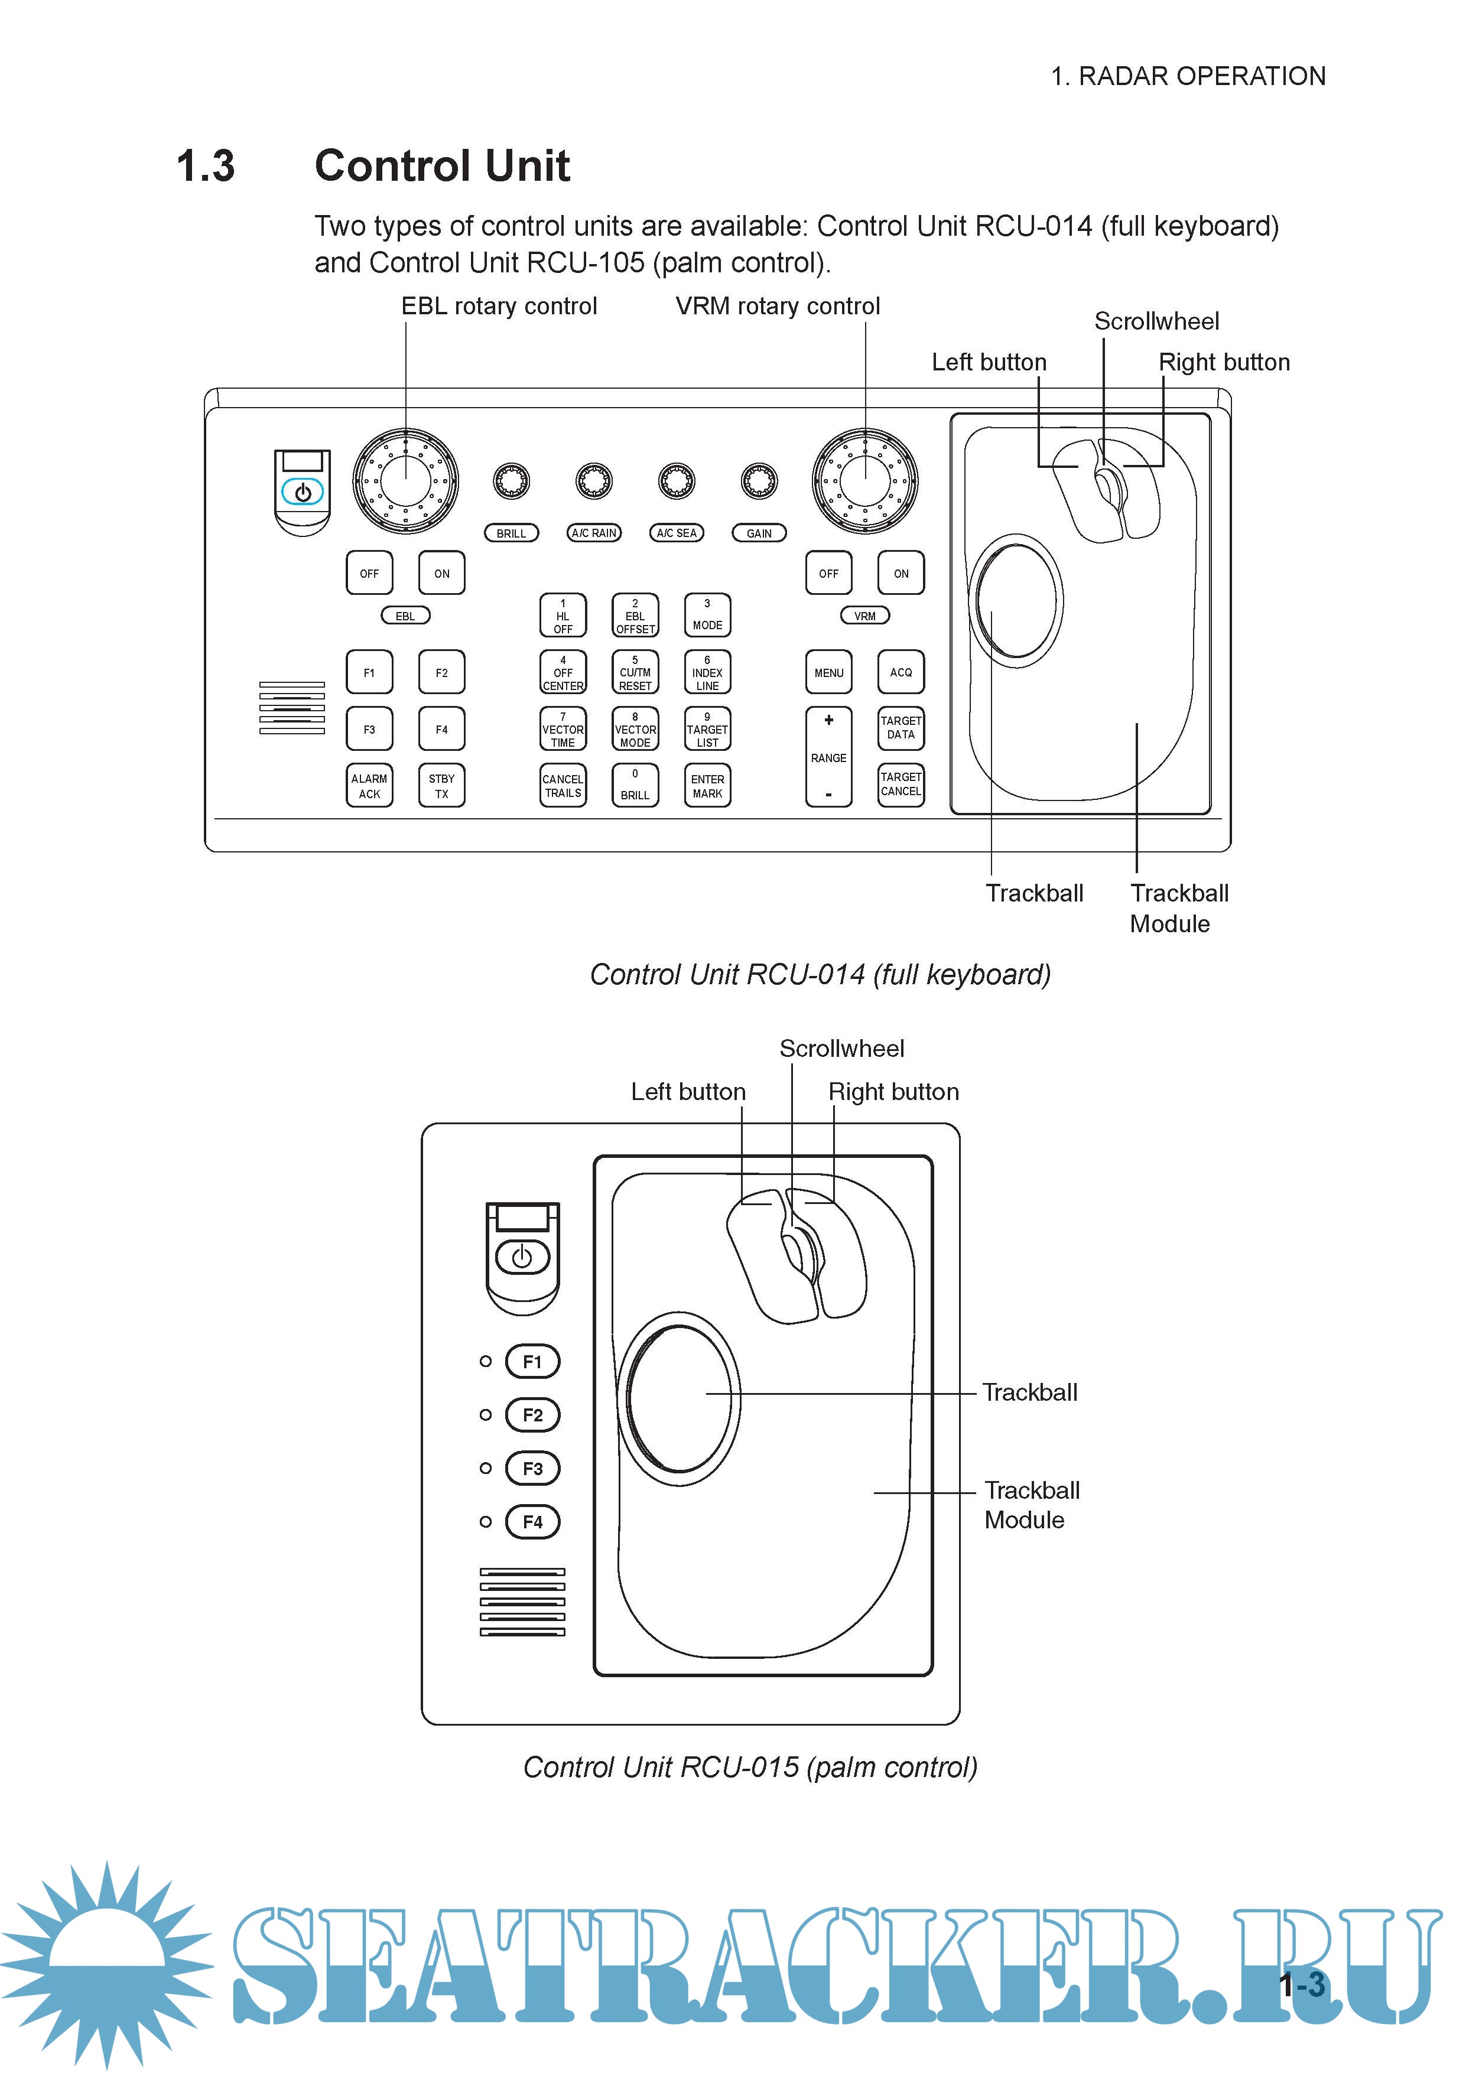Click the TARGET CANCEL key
click(x=901, y=785)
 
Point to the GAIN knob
click(x=759, y=481)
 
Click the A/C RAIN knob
click(x=593, y=481)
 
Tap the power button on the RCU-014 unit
click(x=303, y=492)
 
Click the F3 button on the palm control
click(x=532, y=1468)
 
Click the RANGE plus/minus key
click(x=828, y=757)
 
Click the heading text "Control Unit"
click(x=442, y=166)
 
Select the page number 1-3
click(x=1302, y=1984)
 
